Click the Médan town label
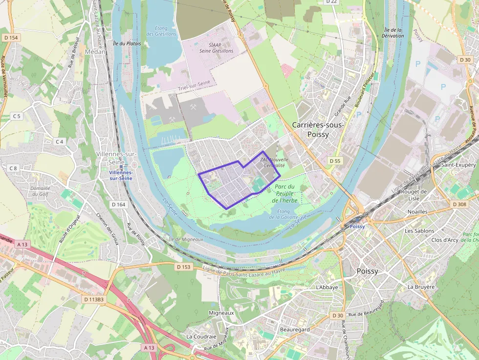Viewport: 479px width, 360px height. (95, 51)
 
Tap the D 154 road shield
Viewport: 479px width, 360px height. (10, 38)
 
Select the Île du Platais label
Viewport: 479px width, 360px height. (127, 43)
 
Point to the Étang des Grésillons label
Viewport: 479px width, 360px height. (161, 31)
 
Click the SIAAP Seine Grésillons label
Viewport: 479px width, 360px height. (217, 48)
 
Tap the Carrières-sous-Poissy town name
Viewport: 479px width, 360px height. (318, 129)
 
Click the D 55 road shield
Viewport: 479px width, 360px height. (335, 161)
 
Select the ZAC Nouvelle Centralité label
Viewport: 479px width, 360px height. (274, 162)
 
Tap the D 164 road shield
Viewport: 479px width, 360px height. (119, 204)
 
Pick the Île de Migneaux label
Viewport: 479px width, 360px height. (185, 239)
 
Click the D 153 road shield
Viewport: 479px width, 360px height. (183, 267)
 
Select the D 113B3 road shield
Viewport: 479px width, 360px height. (93, 299)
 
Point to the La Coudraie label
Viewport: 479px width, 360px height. (201, 337)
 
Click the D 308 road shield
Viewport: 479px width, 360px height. (460, 204)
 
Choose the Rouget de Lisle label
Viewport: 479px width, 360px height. (414, 195)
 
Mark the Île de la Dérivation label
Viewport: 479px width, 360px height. (394, 33)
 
